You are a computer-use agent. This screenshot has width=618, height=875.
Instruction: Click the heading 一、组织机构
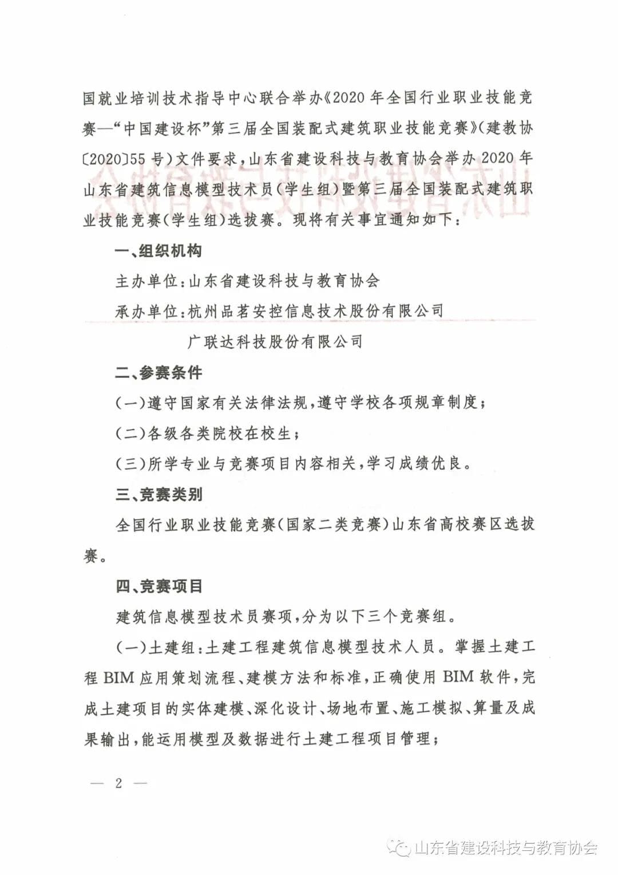tap(159, 251)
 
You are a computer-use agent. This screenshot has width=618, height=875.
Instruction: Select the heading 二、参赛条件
tap(159, 373)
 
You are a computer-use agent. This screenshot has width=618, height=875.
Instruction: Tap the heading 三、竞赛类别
tap(159, 494)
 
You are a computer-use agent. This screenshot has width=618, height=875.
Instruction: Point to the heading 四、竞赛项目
tap(159, 586)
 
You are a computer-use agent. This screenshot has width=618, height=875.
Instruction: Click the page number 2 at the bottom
tap(118, 783)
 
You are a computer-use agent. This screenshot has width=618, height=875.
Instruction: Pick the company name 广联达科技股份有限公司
tap(275, 342)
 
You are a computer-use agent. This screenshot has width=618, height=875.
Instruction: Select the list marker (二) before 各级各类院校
tap(131, 433)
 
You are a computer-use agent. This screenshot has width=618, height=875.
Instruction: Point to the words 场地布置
tap(358, 708)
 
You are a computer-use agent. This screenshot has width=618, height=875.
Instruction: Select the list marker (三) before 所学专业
tap(131, 463)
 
